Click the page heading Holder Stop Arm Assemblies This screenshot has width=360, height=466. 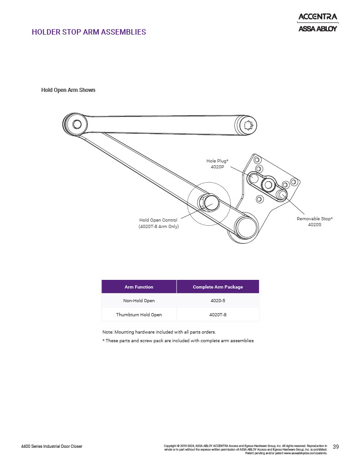coord(89,32)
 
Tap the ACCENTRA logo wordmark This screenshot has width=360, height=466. coord(318,17)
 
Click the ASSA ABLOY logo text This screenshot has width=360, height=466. coord(318,29)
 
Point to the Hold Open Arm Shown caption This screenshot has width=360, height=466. coord(68,90)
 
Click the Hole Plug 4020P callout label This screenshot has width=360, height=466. coord(217,164)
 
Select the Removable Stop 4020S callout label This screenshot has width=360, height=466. coord(314,222)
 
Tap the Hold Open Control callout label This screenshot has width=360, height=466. coord(159,223)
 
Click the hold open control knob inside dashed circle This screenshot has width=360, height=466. coord(209,203)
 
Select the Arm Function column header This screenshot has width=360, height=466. coord(139,287)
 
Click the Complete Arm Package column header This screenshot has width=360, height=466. coord(218,287)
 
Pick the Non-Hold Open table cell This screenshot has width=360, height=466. coord(139,300)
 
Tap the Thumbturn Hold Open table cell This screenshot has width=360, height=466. coord(139,315)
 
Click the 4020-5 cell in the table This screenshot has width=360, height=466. coord(218,300)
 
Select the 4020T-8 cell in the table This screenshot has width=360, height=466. coord(218,315)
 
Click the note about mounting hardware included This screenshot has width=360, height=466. coord(159,332)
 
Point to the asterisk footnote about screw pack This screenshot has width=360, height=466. coord(178,340)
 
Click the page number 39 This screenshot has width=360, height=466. coord(335,447)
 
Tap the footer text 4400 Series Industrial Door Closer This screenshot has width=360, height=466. coord(52,446)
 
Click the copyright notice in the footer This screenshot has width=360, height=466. coord(246,449)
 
